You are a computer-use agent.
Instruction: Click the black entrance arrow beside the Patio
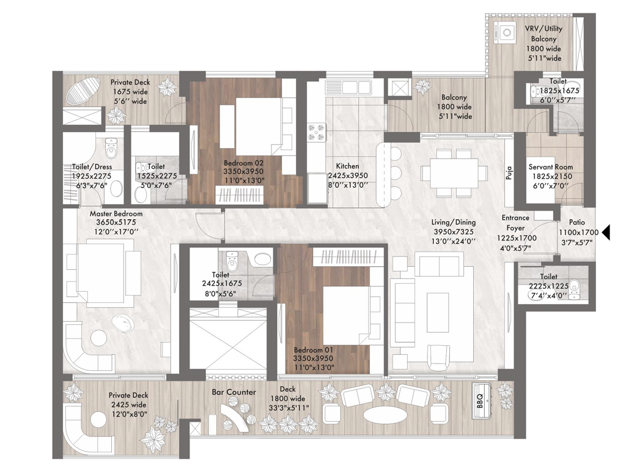coord(606,232)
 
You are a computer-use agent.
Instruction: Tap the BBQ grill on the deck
coord(481,401)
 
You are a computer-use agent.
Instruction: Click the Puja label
coord(509,173)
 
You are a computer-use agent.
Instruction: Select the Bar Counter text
coord(234,392)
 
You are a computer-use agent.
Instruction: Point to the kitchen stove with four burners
coord(316,133)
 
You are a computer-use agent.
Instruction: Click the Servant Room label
coord(551,167)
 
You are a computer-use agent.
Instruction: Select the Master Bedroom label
coord(116,214)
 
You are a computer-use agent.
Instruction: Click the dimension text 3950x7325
coord(454,232)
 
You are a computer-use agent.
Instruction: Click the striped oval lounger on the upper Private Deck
coord(84,90)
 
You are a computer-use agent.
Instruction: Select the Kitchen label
coord(347,166)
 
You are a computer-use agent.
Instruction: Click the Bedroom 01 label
coord(313,350)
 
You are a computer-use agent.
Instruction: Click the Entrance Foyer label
coord(515,223)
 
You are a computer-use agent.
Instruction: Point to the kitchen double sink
coord(348,87)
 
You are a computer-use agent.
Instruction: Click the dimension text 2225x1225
coord(548,286)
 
